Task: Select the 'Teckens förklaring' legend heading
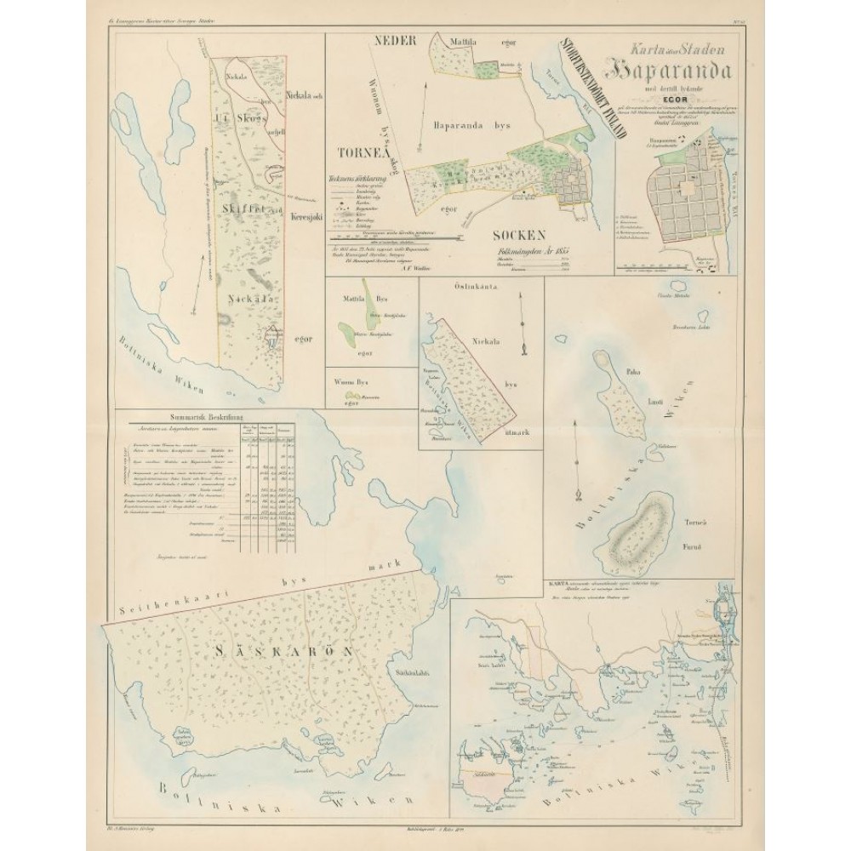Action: pos(357,180)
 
